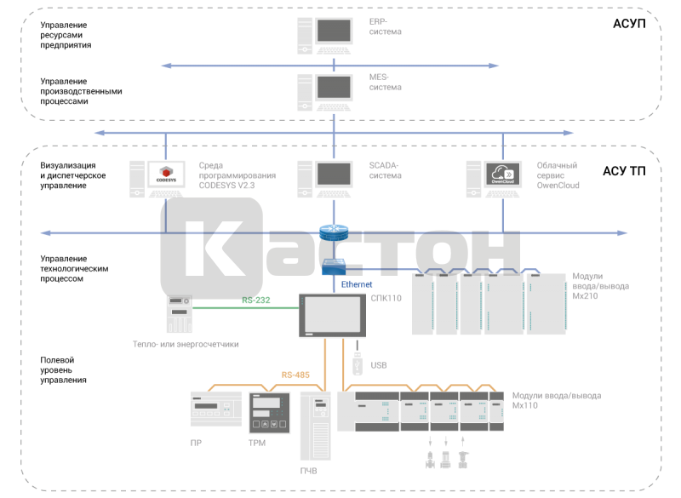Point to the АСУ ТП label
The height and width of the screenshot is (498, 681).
click(x=624, y=171)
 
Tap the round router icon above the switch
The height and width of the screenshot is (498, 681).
click(x=333, y=232)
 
